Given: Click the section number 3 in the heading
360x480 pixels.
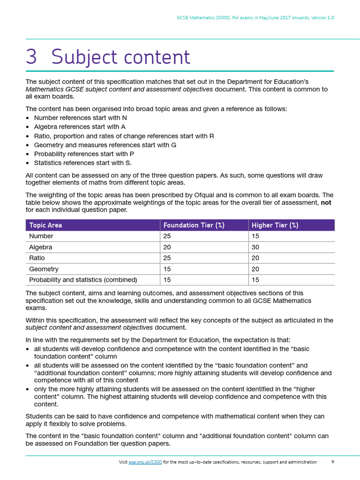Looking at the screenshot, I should (31, 57).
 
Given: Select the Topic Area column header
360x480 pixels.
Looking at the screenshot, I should (45, 225).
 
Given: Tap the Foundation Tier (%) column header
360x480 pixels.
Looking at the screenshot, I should (194, 225).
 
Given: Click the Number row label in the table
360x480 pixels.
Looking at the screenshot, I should (41, 236).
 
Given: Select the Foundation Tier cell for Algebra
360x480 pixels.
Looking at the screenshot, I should (167, 247).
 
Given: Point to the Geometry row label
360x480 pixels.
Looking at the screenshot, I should (44, 269).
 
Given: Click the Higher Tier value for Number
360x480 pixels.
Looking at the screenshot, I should (255, 236).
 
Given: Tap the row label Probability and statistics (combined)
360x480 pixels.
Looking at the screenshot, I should (83, 280).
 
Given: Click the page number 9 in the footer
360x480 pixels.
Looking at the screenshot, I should (332, 462).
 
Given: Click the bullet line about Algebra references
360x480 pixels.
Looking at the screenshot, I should (80, 127).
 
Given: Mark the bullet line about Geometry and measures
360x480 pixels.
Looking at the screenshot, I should (105, 145).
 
